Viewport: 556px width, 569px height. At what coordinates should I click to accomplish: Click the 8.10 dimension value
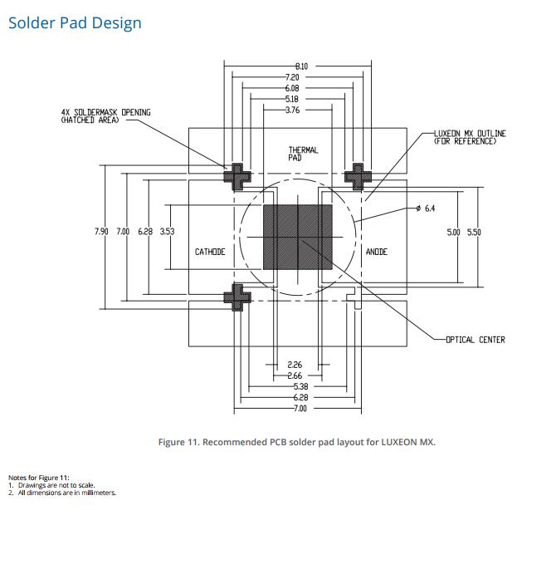tap(301, 66)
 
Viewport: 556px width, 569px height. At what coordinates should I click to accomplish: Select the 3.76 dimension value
tap(292, 110)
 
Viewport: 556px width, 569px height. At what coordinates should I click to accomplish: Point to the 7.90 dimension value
tap(101, 231)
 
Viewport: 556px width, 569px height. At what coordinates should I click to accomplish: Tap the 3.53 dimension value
tap(167, 231)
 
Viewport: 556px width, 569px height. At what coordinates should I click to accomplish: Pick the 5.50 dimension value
tap(474, 233)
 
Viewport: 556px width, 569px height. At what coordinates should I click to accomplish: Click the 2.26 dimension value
tap(295, 365)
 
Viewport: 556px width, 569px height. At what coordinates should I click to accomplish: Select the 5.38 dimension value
tap(301, 386)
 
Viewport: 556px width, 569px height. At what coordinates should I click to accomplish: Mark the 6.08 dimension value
tap(292, 88)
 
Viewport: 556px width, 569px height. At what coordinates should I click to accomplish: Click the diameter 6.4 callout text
tap(426, 208)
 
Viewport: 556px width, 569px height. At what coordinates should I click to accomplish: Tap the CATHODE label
tap(210, 252)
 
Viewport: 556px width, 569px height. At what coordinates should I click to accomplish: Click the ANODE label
tap(377, 252)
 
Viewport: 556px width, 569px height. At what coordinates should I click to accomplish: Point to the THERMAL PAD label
tap(304, 154)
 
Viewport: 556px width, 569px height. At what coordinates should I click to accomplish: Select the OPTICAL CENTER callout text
tap(476, 340)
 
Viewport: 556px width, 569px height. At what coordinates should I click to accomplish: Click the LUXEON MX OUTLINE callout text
tap(470, 137)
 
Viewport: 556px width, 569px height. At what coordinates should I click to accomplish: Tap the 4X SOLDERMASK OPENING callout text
tap(106, 116)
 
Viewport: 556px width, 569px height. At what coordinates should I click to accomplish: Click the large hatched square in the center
tap(298, 237)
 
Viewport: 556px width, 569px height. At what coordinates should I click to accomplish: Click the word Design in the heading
tap(116, 23)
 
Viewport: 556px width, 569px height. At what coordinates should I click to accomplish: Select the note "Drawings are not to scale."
tap(56, 485)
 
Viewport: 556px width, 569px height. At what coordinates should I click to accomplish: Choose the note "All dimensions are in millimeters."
tap(67, 493)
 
